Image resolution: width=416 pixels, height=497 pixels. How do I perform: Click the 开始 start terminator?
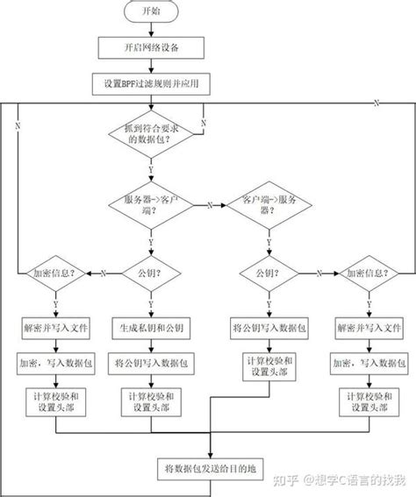(151, 13)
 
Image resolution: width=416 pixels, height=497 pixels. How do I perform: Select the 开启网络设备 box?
(151, 46)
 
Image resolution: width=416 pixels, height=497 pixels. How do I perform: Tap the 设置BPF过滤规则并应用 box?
(151, 83)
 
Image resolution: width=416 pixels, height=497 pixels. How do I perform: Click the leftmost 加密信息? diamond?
(54, 273)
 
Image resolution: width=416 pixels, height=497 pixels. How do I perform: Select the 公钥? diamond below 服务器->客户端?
(150, 273)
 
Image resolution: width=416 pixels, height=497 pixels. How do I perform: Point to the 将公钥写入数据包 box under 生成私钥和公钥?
(150, 361)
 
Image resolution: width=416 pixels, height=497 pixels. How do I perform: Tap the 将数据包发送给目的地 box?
(209, 465)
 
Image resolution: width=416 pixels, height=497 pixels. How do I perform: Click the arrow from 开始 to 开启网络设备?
(151, 30)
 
